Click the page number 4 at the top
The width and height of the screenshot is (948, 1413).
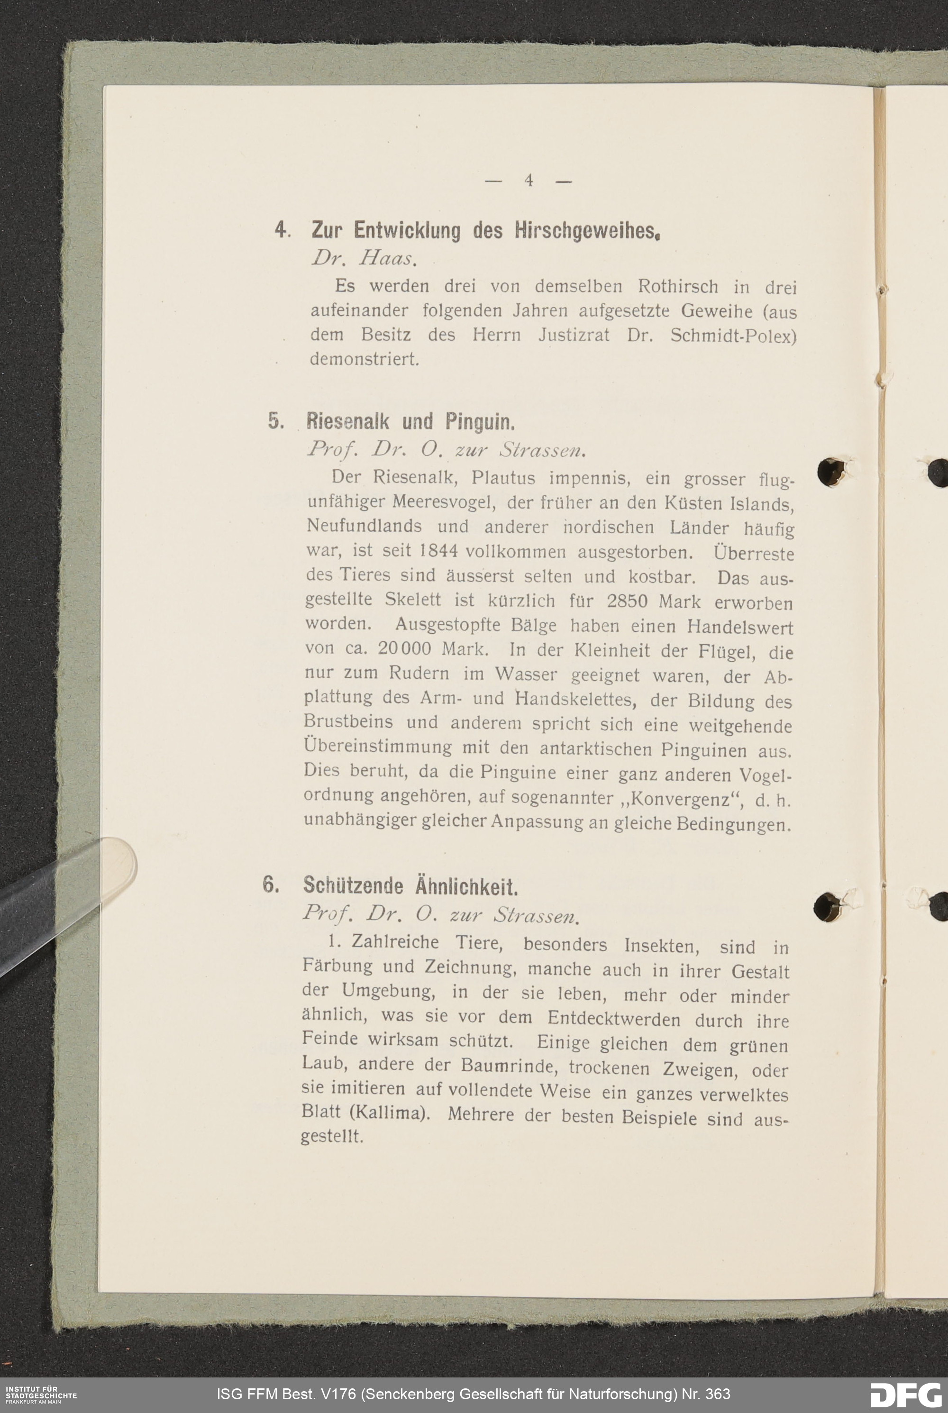(x=529, y=180)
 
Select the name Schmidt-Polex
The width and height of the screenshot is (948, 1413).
(x=733, y=336)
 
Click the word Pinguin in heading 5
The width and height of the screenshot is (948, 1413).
(x=479, y=421)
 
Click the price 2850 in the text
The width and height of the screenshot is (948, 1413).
(x=627, y=602)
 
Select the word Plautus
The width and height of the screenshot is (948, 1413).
(x=503, y=478)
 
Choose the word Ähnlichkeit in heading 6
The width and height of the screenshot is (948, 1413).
(x=466, y=886)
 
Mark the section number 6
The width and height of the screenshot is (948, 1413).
(x=270, y=884)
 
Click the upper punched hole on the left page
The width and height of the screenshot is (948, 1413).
(x=832, y=472)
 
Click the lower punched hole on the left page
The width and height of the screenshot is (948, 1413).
(x=828, y=906)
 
